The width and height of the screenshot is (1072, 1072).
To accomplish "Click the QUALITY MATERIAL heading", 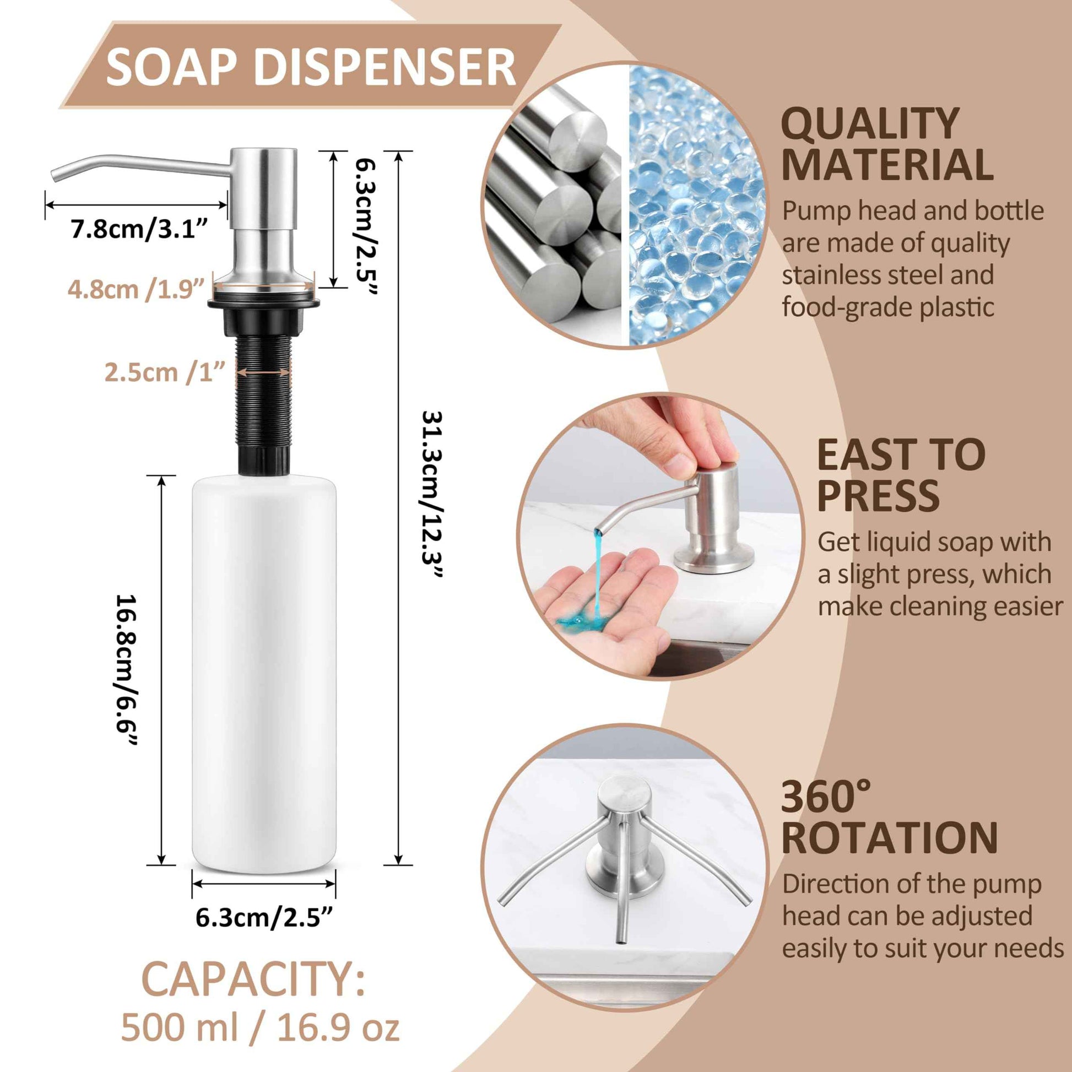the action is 886,144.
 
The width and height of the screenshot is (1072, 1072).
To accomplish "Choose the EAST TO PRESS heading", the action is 900,474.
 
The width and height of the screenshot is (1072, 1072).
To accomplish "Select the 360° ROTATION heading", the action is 890,816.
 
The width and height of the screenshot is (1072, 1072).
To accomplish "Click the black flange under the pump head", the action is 263,303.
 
